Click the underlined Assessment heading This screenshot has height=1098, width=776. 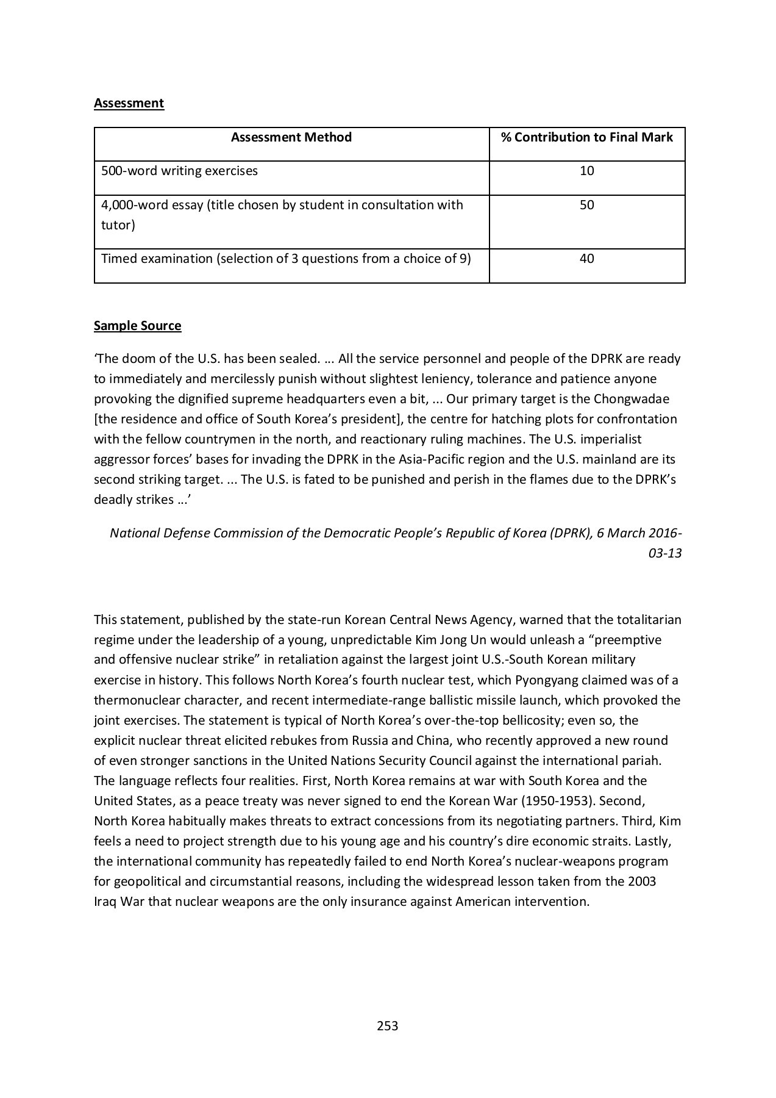tap(129, 103)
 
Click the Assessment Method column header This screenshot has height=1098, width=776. tap(291, 137)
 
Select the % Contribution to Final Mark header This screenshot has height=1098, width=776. tap(586, 137)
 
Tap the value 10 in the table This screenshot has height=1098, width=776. tap(586, 171)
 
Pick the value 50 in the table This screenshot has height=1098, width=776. tap(586, 205)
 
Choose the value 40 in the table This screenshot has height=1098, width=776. tap(586, 259)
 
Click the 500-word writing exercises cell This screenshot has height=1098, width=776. tap(179, 171)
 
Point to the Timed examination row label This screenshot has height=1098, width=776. tap(286, 259)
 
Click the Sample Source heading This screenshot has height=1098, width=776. tap(137, 326)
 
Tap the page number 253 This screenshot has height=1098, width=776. tap(388, 1026)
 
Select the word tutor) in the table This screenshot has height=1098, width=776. tap(118, 225)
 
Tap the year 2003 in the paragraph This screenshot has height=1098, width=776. tap(641, 881)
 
